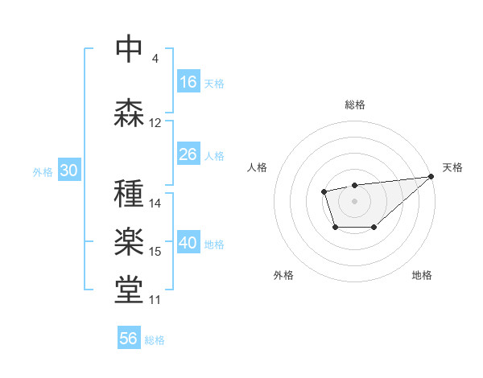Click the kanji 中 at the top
[129, 49]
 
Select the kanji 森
[129, 113]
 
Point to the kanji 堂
[129, 290]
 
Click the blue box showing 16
[188, 81]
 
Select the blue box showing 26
[188, 154]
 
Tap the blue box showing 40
[188, 244]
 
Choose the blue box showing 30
[68, 171]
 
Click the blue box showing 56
[129, 339]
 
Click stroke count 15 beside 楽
[155, 252]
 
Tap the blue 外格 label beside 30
[43, 172]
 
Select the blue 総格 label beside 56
[155, 340]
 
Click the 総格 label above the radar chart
[354, 105]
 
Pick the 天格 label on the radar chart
[452, 167]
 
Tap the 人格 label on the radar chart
[257, 167]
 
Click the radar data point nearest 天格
[431, 176]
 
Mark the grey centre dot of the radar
[354, 200]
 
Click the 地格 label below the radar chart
[422, 276]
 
